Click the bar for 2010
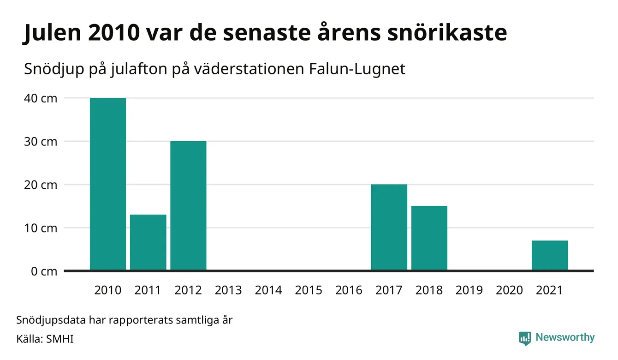[x=108, y=184]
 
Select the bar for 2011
[x=148, y=242]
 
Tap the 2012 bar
[x=188, y=205]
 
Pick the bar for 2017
[x=389, y=227]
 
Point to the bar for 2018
[x=429, y=238]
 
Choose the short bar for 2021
[x=550, y=255]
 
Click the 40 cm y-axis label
[x=41, y=98]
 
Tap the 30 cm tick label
[x=41, y=142]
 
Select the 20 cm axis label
[x=41, y=185]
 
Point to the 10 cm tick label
[x=41, y=228]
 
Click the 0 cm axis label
[x=44, y=271]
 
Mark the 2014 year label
[x=268, y=290]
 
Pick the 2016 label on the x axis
[x=349, y=290]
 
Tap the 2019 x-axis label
[x=469, y=290]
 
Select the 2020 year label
[x=509, y=290]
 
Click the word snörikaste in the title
[x=447, y=32]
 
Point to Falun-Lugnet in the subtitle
[x=357, y=69]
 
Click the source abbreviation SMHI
[x=59, y=339]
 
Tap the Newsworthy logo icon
[x=525, y=338]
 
